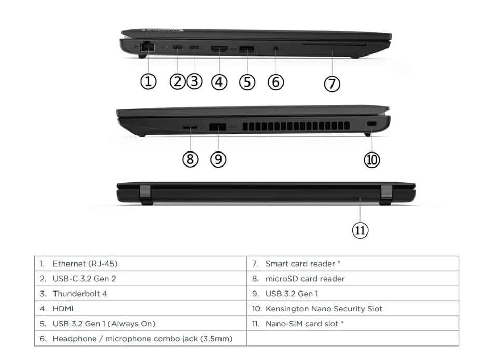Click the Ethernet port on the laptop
click(147, 47)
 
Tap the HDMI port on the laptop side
click(219, 49)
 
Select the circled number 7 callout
click(332, 84)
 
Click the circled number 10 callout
click(372, 159)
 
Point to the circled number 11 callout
click(360, 230)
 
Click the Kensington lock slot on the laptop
click(371, 124)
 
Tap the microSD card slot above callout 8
click(189, 127)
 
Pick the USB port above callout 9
click(217, 127)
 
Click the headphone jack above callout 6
click(275, 49)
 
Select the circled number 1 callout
click(148, 81)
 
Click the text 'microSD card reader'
click(305, 279)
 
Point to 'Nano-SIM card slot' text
click(302, 324)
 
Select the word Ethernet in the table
click(69, 264)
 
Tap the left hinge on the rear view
click(145, 195)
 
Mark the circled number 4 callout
click(219, 82)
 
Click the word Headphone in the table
click(75, 339)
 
